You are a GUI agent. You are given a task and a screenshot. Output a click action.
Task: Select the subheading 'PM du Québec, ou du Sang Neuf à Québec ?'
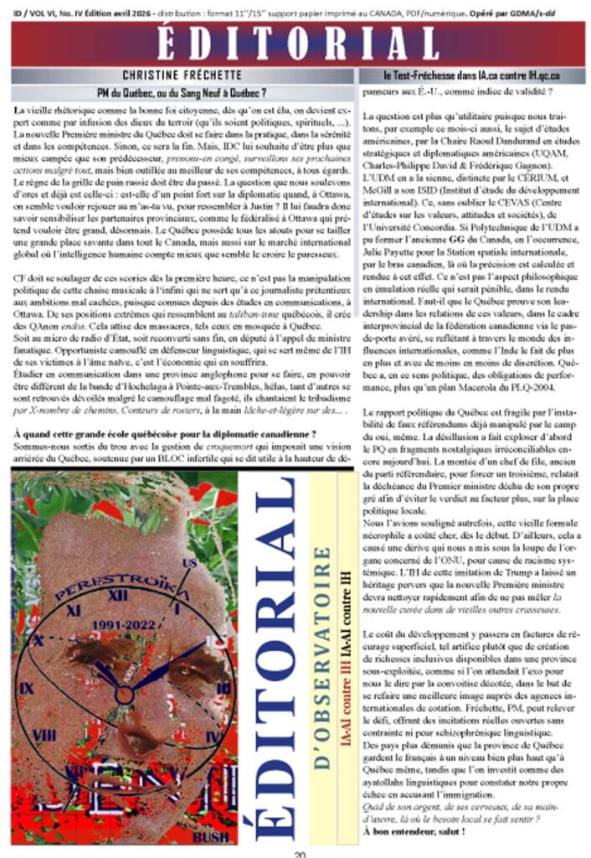tap(183, 92)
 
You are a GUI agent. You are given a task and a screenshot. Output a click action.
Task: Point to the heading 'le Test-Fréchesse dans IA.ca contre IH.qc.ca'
tap(472, 75)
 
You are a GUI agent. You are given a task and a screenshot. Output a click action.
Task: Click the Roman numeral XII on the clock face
tap(118, 597)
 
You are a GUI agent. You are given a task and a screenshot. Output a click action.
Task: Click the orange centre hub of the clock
tap(124, 695)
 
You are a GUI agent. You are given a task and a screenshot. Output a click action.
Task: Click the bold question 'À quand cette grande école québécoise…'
tap(165, 434)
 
